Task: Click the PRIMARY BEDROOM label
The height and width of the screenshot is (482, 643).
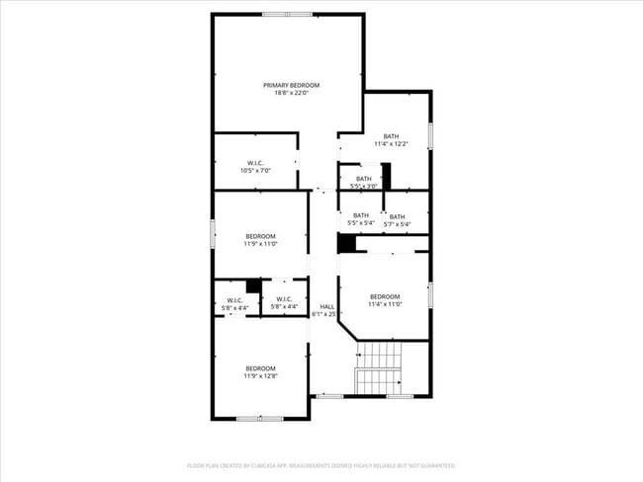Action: (287, 85)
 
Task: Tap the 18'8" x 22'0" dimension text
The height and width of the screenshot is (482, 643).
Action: (287, 93)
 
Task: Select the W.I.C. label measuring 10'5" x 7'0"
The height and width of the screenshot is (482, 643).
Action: (255, 163)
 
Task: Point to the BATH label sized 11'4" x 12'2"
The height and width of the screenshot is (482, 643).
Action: (392, 136)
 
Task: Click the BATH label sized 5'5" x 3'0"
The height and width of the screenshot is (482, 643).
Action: (364, 179)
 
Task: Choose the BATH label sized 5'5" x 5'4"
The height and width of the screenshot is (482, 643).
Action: (360, 215)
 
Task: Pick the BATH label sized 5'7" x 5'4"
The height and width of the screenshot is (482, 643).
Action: (397, 216)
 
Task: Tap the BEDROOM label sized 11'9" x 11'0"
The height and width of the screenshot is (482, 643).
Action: (261, 236)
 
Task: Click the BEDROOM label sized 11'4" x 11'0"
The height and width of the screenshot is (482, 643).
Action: (385, 296)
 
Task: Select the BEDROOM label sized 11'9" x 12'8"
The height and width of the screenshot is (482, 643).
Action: (261, 368)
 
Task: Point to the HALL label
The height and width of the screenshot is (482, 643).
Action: (326, 306)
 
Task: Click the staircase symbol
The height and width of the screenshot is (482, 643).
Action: (379, 368)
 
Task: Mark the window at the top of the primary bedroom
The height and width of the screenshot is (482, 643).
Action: (287, 14)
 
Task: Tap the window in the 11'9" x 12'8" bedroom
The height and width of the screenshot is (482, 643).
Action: (260, 419)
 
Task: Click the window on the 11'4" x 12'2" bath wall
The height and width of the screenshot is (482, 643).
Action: (430, 134)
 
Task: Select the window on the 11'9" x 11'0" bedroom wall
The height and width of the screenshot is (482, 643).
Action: (213, 234)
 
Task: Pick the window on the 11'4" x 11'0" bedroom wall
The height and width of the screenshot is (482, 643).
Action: (430, 294)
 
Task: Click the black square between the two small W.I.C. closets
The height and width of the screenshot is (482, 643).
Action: (254, 286)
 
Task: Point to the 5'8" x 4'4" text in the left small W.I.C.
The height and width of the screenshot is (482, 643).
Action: (235, 307)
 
